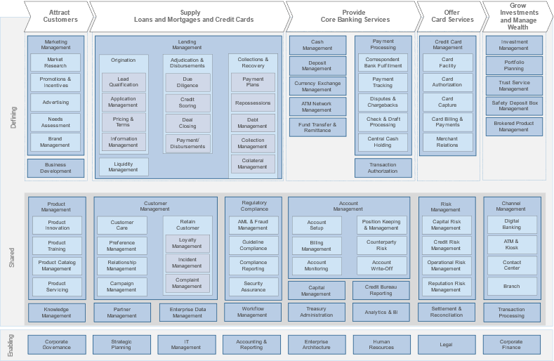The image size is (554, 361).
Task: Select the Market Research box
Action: click(55, 63)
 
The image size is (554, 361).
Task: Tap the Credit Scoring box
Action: click(187, 103)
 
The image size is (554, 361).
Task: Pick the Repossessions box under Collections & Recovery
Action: click(253, 103)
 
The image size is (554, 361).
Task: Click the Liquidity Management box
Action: click(124, 166)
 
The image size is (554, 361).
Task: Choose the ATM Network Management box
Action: click(317, 107)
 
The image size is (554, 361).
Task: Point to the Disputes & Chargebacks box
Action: click(383, 103)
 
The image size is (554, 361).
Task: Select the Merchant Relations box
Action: click(447, 142)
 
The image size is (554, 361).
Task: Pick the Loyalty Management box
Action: click(187, 243)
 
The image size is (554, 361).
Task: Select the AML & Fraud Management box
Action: click(253, 225)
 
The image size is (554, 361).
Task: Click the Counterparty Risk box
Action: click(382, 245)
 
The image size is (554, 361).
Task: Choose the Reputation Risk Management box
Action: click(446, 286)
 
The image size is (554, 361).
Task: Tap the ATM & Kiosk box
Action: click(512, 245)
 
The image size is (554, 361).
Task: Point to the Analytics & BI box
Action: click(381, 312)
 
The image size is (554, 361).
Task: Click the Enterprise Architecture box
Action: click(317, 344)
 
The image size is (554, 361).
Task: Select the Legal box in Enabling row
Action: click(447, 344)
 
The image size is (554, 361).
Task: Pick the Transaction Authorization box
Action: click(383, 168)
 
